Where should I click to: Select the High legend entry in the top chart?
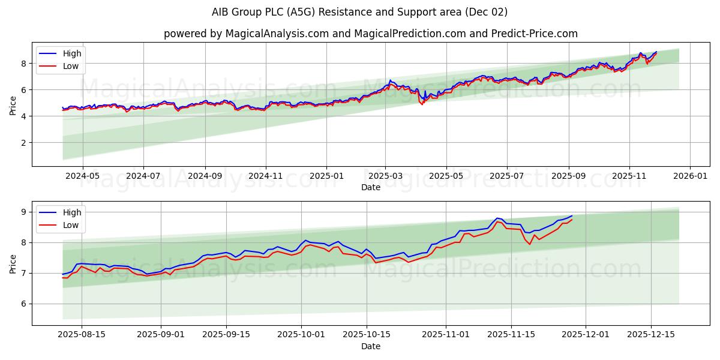[72, 53]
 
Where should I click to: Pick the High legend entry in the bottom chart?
[72, 212]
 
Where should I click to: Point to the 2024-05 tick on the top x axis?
[82, 177]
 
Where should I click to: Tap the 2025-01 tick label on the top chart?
[326, 177]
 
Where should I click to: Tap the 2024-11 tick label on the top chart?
[266, 177]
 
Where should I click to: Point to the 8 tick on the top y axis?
[23, 64]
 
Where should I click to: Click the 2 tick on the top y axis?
[23, 143]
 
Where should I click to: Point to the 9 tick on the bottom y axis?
[23, 212]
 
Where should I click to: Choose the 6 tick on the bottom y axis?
[23, 304]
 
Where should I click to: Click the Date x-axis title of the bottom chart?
[370, 346]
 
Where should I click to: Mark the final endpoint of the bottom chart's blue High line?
[572, 216]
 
